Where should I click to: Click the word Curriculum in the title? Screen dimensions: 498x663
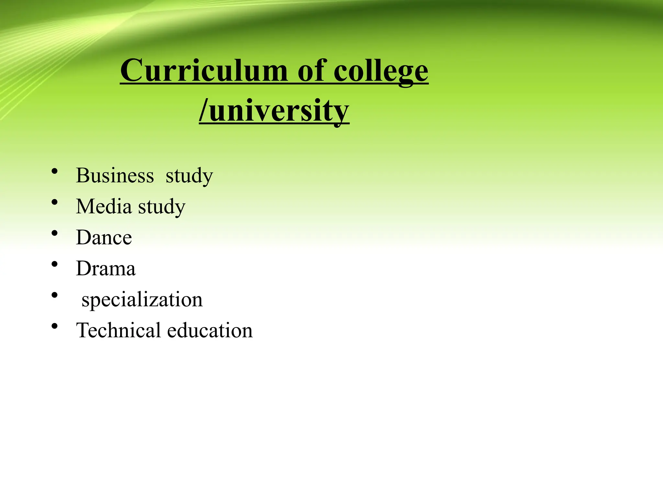coord(204,70)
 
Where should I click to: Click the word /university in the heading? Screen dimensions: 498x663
coord(274,111)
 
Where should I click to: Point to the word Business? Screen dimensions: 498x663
coord(115,175)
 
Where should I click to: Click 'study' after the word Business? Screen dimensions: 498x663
coord(189,176)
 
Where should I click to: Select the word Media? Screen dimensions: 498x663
coord(104,206)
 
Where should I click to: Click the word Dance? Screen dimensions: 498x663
coord(104,237)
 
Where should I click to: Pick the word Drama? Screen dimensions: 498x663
coord(106,268)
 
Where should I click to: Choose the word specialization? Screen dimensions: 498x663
coord(142,300)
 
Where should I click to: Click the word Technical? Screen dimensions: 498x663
coord(118,330)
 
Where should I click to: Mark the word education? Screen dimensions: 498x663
coord(210,330)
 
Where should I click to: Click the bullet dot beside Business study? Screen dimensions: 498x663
coord(54,171)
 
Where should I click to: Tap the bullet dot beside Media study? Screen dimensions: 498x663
coord(54,202)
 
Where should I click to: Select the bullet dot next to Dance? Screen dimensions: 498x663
coord(54,233)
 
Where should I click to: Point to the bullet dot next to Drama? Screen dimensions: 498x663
coord(54,264)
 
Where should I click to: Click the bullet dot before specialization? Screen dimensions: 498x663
coord(54,295)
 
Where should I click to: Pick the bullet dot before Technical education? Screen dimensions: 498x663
coord(54,326)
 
